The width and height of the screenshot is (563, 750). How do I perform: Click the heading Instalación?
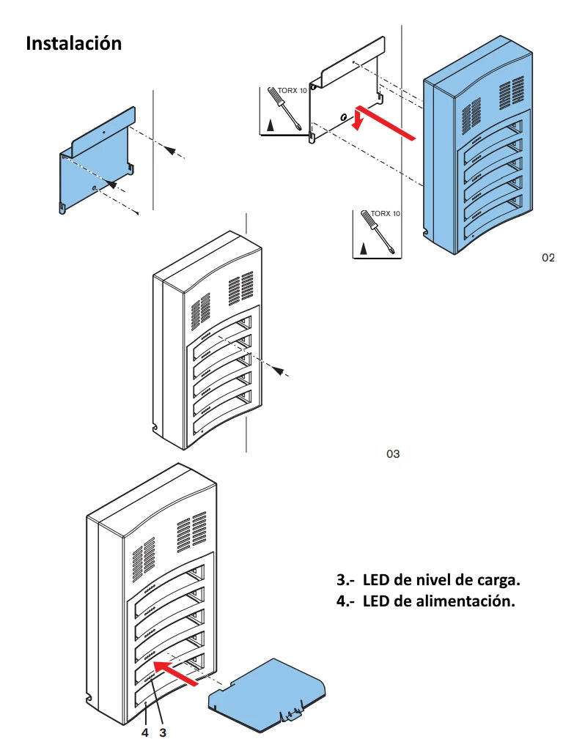point(73,43)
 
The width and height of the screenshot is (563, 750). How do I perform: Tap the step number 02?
point(548,257)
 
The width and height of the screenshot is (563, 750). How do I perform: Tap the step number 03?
point(393,453)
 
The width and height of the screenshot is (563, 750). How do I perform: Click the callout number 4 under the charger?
point(145,731)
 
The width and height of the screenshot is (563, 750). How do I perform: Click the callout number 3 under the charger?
point(163,731)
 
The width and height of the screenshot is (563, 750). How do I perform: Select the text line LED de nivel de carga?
point(428,580)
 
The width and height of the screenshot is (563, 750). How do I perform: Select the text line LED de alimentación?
point(425,601)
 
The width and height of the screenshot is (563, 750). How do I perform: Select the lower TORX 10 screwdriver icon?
point(375,233)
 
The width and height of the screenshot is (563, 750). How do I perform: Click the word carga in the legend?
point(499,580)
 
